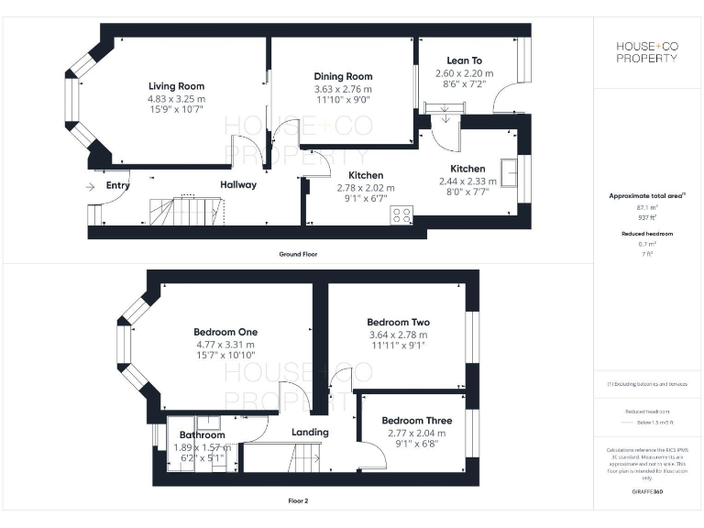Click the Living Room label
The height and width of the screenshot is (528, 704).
tap(176, 86)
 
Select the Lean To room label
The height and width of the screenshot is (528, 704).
tap(464, 60)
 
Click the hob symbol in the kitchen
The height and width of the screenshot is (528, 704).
tap(401, 215)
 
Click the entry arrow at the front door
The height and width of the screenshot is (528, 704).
tap(89, 186)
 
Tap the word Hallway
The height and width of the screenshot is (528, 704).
tap(237, 184)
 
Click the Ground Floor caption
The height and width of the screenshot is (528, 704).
tap(299, 254)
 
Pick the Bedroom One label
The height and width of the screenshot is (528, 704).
tap(225, 332)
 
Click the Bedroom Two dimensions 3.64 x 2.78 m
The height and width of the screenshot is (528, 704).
tap(398, 335)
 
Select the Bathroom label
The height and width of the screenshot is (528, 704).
tap(202, 435)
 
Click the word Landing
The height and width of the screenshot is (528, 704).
tap(310, 432)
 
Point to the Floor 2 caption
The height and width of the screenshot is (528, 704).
tap(298, 501)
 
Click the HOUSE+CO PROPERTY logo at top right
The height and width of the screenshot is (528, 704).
tap(646, 51)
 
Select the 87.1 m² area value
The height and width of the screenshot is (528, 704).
tap(646, 209)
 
